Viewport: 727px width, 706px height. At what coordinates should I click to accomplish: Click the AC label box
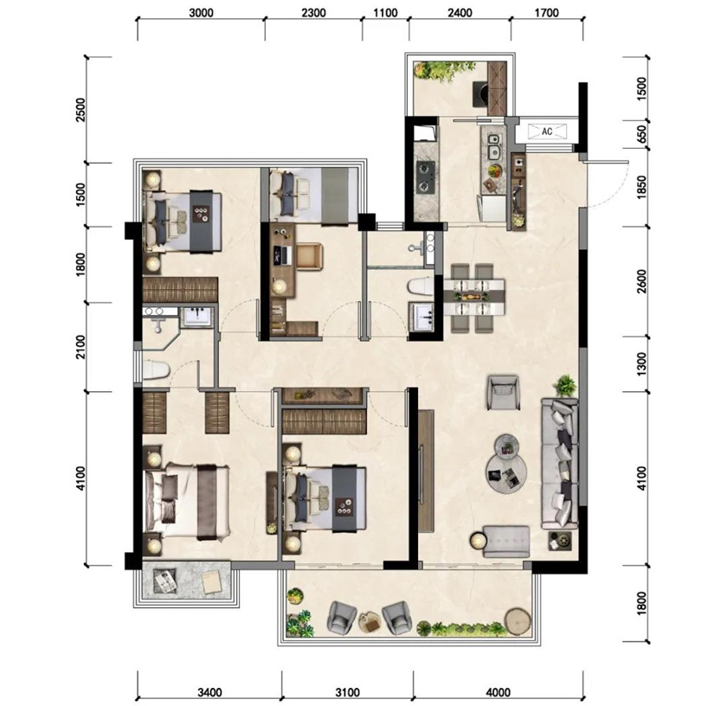548,132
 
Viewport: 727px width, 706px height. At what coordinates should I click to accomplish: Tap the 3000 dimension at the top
201,12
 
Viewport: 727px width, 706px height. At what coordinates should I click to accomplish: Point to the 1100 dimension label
386,12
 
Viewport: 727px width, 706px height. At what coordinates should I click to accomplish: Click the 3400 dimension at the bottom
209,692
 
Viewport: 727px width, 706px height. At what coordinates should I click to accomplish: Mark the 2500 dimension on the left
80,110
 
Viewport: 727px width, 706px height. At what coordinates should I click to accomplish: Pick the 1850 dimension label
641,187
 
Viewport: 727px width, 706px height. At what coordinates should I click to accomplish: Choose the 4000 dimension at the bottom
499,692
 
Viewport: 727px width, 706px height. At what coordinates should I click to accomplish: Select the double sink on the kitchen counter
494,145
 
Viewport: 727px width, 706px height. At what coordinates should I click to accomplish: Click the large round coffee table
507,473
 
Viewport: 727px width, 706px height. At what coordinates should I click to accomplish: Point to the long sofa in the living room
560,463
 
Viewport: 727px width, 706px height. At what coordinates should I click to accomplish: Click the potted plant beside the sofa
565,385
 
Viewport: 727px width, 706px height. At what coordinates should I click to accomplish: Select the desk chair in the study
310,256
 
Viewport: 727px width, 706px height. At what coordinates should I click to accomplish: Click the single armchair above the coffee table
504,392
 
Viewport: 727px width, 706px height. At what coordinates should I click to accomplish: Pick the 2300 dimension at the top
314,12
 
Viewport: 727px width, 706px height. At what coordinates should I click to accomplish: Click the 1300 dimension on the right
641,364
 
